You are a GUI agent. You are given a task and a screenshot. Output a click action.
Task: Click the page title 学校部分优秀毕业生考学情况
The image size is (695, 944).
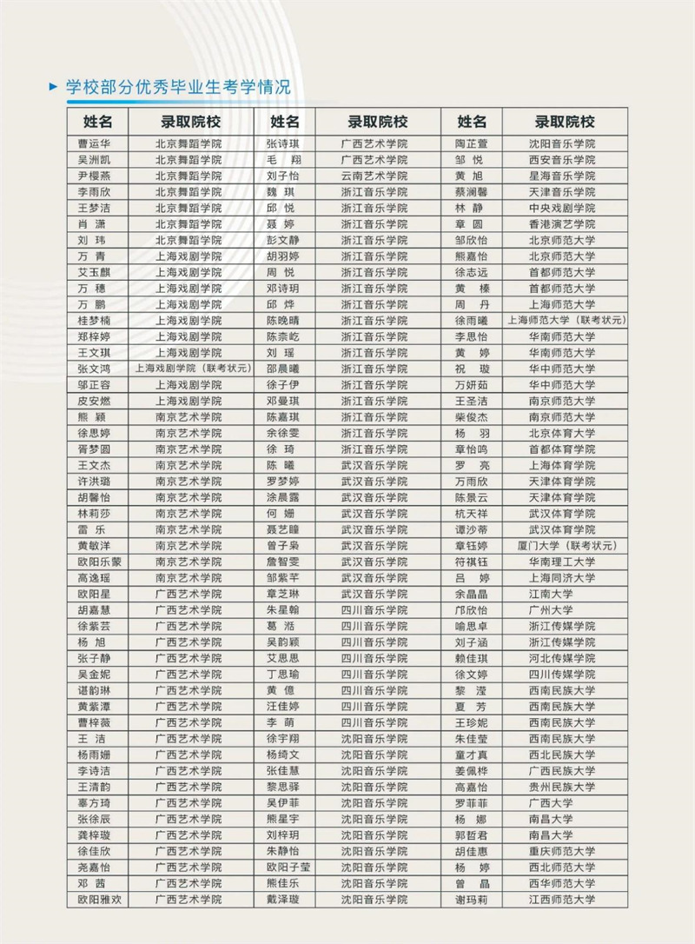(x=178, y=87)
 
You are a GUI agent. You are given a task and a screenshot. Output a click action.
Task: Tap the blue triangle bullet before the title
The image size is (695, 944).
(x=55, y=87)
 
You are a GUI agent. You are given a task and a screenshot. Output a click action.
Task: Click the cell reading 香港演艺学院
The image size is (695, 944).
(x=562, y=224)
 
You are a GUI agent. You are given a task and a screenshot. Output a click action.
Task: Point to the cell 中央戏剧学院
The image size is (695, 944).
(x=562, y=208)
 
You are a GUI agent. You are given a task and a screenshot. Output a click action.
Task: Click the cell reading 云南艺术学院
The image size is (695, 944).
(x=374, y=176)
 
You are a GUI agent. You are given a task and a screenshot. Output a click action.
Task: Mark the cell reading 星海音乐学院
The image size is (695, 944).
(x=562, y=176)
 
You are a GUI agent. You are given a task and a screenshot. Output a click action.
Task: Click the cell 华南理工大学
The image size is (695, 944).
(x=562, y=562)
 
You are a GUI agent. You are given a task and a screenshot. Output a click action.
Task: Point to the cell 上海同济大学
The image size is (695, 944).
(x=562, y=578)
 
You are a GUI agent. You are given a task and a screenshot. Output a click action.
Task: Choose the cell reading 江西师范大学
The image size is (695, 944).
(x=562, y=900)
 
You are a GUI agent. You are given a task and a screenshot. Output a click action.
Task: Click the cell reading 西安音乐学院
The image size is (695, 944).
(x=562, y=160)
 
